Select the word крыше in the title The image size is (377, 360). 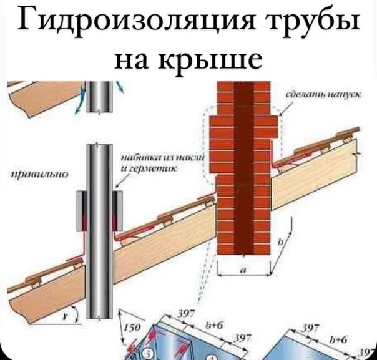(212, 61)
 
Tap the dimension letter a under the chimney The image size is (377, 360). (243, 270)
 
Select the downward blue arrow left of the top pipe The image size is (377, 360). (77, 106)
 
